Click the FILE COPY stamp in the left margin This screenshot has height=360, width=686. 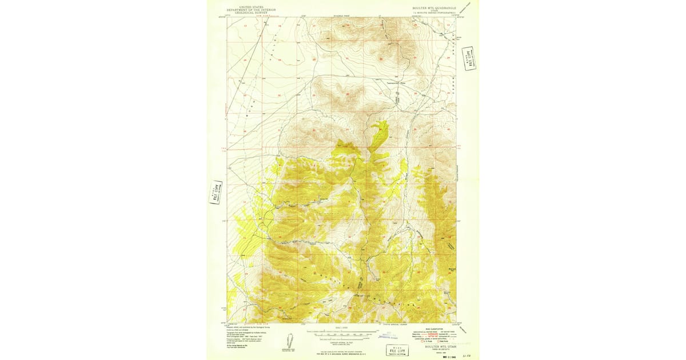216,193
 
